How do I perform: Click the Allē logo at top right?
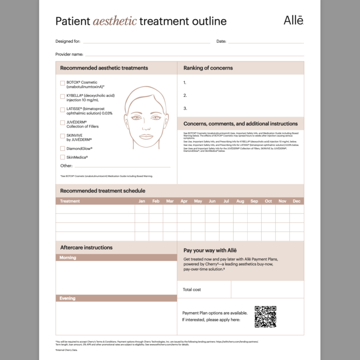(x=293, y=20)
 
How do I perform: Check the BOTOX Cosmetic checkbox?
(x=62, y=83)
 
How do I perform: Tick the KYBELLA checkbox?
(x=62, y=96)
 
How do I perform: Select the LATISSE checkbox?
(x=62, y=109)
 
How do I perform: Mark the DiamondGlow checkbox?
(x=62, y=148)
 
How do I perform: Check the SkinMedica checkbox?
(x=62, y=157)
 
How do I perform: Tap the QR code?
(x=265, y=317)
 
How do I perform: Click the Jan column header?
(x=142, y=201)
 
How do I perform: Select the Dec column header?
(x=297, y=201)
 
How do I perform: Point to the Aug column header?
(x=240, y=201)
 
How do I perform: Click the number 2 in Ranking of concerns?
(x=185, y=95)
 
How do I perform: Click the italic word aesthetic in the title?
(x=114, y=21)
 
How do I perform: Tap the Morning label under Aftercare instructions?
(x=68, y=257)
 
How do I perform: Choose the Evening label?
(x=68, y=298)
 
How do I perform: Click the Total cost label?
(x=192, y=289)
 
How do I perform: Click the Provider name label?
(x=69, y=54)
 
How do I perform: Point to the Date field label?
(x=221, y=41)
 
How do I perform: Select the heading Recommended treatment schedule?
(x=103, y=191)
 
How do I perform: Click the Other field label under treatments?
(x=66, y=166)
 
